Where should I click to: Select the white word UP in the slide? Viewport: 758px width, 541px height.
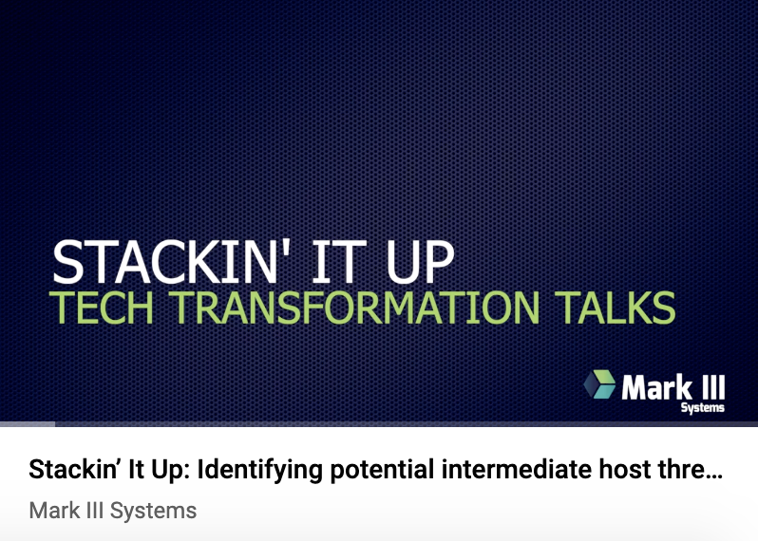tap(420, 262)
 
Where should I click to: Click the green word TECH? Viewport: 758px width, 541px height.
tap(101, 308)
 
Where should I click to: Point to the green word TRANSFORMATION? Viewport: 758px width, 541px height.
tap(355, 308)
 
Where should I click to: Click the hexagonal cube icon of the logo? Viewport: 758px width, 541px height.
tap(599, 384)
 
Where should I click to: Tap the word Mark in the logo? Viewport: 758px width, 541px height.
tap(657, 387)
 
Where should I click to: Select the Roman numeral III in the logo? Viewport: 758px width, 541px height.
tap(713, 387)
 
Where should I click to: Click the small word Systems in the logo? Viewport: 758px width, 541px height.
tap(702, 408)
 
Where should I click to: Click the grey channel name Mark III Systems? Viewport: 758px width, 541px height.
tap(113, 511)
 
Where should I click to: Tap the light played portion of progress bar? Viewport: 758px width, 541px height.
tap(28, 424)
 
